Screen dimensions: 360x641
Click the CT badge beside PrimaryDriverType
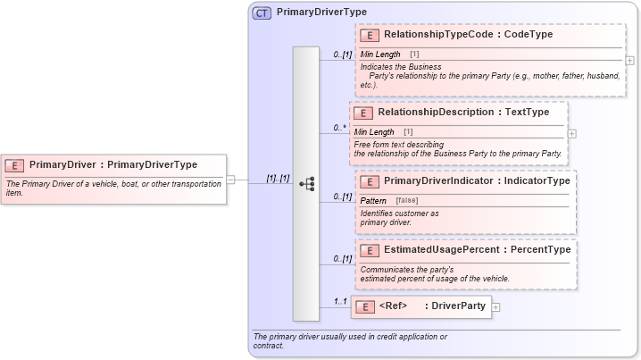click(x=262, y=13)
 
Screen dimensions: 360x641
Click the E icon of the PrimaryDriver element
click(x=14, y=164)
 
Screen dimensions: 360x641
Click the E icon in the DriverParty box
click(x=364, y=306)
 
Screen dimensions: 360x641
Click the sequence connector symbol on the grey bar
click(x=306, y=184)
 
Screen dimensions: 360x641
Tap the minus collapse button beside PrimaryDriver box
click(x=231, y=179)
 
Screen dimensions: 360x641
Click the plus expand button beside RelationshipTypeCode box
click(x=630, y=61)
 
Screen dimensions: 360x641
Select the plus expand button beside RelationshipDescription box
click(x=572, y=133)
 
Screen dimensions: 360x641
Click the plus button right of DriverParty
click(x=496, y=306)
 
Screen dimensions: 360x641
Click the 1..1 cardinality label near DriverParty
click(x=340, y=301)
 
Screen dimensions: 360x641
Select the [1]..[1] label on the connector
click(x=278, y=178)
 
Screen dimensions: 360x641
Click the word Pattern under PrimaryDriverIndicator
click(x=373, y=200)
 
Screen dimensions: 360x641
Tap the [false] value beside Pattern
click(x=406, y=200)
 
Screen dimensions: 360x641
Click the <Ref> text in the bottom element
click(x=393, y=306)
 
